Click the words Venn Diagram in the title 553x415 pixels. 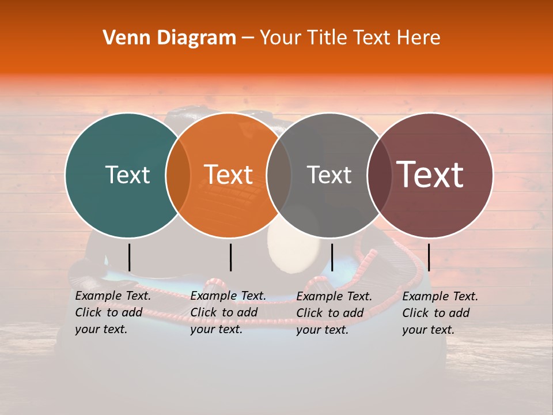coord(169,37)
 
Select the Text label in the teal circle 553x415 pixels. coord(127,175)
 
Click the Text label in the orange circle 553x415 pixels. coord(229,175)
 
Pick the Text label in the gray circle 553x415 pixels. coord(329,175)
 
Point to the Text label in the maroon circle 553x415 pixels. coord(430,174)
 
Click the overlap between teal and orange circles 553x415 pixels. coord(178,175)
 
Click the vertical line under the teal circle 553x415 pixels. coord(130,257)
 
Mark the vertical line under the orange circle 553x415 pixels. coord(230,257)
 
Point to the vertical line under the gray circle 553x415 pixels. coord(332,257)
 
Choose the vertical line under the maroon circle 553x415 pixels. coord(429,257)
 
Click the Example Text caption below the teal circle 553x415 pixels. coord(113,312)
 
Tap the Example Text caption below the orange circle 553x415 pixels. coord(228,312)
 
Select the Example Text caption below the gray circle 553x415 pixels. coord(334,312)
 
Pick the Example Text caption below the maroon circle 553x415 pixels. coord(440,312)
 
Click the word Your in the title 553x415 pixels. coord(281,37)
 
